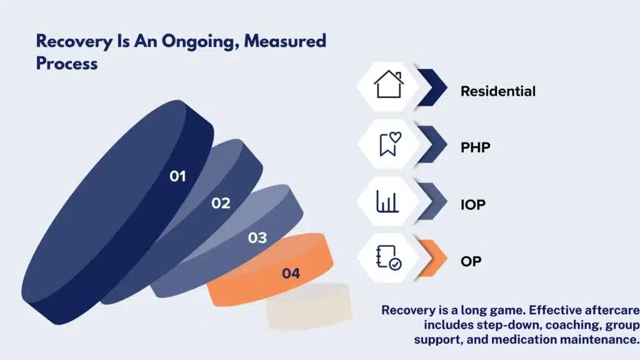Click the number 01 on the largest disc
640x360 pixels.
point(177,176)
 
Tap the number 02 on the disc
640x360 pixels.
point(221,203)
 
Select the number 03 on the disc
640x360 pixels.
point(257,238)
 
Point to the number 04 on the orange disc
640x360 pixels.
point(291,274)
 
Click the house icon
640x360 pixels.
point(389,84)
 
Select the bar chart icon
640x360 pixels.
point(387,201)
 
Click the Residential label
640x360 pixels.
point(498,91)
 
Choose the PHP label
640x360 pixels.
point(476,147)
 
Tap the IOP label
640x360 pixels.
point(473,204)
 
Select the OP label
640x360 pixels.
point(471,261)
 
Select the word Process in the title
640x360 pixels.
point(67,64)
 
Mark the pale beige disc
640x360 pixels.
point(309,306)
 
